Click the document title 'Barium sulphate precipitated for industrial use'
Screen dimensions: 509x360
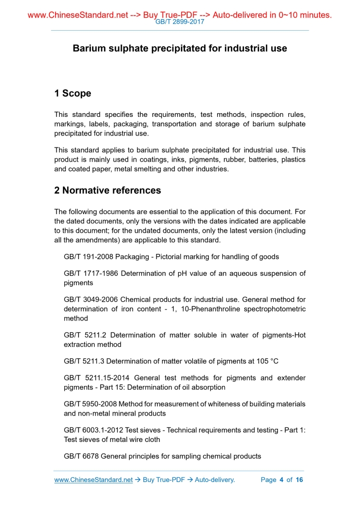[x=180, y=48]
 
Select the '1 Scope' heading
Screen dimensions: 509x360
[x=72, y=93]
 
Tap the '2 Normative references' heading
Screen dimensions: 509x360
[x=108, y=190]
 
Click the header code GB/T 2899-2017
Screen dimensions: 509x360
[x=180, y=22]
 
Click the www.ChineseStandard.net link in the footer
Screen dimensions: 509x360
[x=94, y=480]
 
